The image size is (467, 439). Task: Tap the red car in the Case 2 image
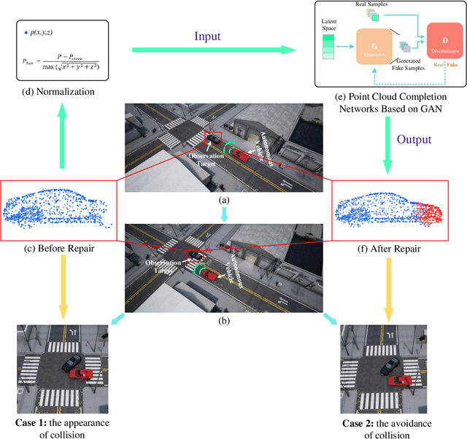coord(398,380)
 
